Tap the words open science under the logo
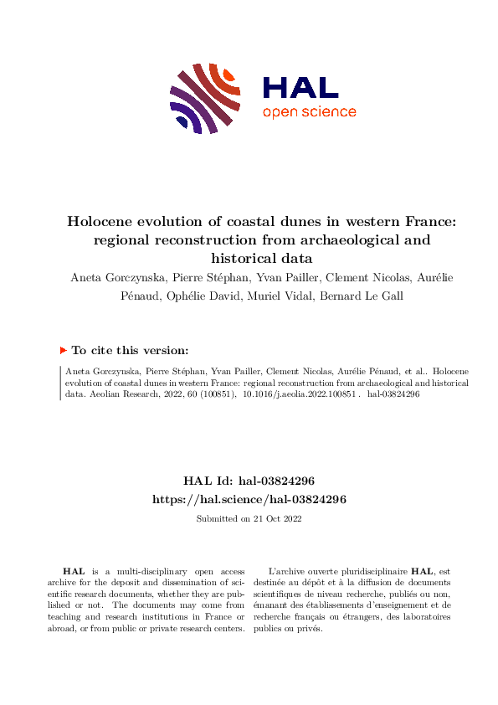coord(309,112)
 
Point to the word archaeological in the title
coord(341,240)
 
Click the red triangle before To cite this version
coord(64,351)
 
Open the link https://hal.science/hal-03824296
coord(249,499)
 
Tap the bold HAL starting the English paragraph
coord(75,570)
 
